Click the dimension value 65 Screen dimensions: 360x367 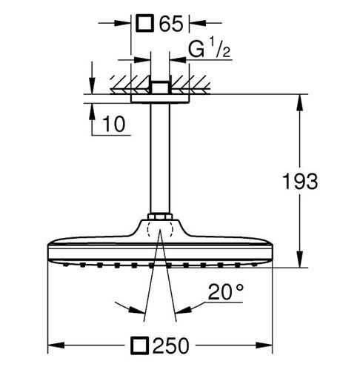pyautogui.click(x=171, y=24)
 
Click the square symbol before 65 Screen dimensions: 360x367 pyautogui.click(x=145, y=23)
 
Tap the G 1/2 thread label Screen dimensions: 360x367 pyautogui.click(x=210, y=47)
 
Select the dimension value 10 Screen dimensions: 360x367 pyautogui.click(x=114, y=124)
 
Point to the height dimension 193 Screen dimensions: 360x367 pyautogui.click(x=300, y=181)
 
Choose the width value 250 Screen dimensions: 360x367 pyautogui.click(x=171, y=345)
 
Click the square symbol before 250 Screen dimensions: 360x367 pyautogui.click(x=140, y=345)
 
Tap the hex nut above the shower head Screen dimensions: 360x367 pyautogui.click(x=160, y=216)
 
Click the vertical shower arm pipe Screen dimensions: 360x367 pyautogui.click(x=160, y=158)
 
